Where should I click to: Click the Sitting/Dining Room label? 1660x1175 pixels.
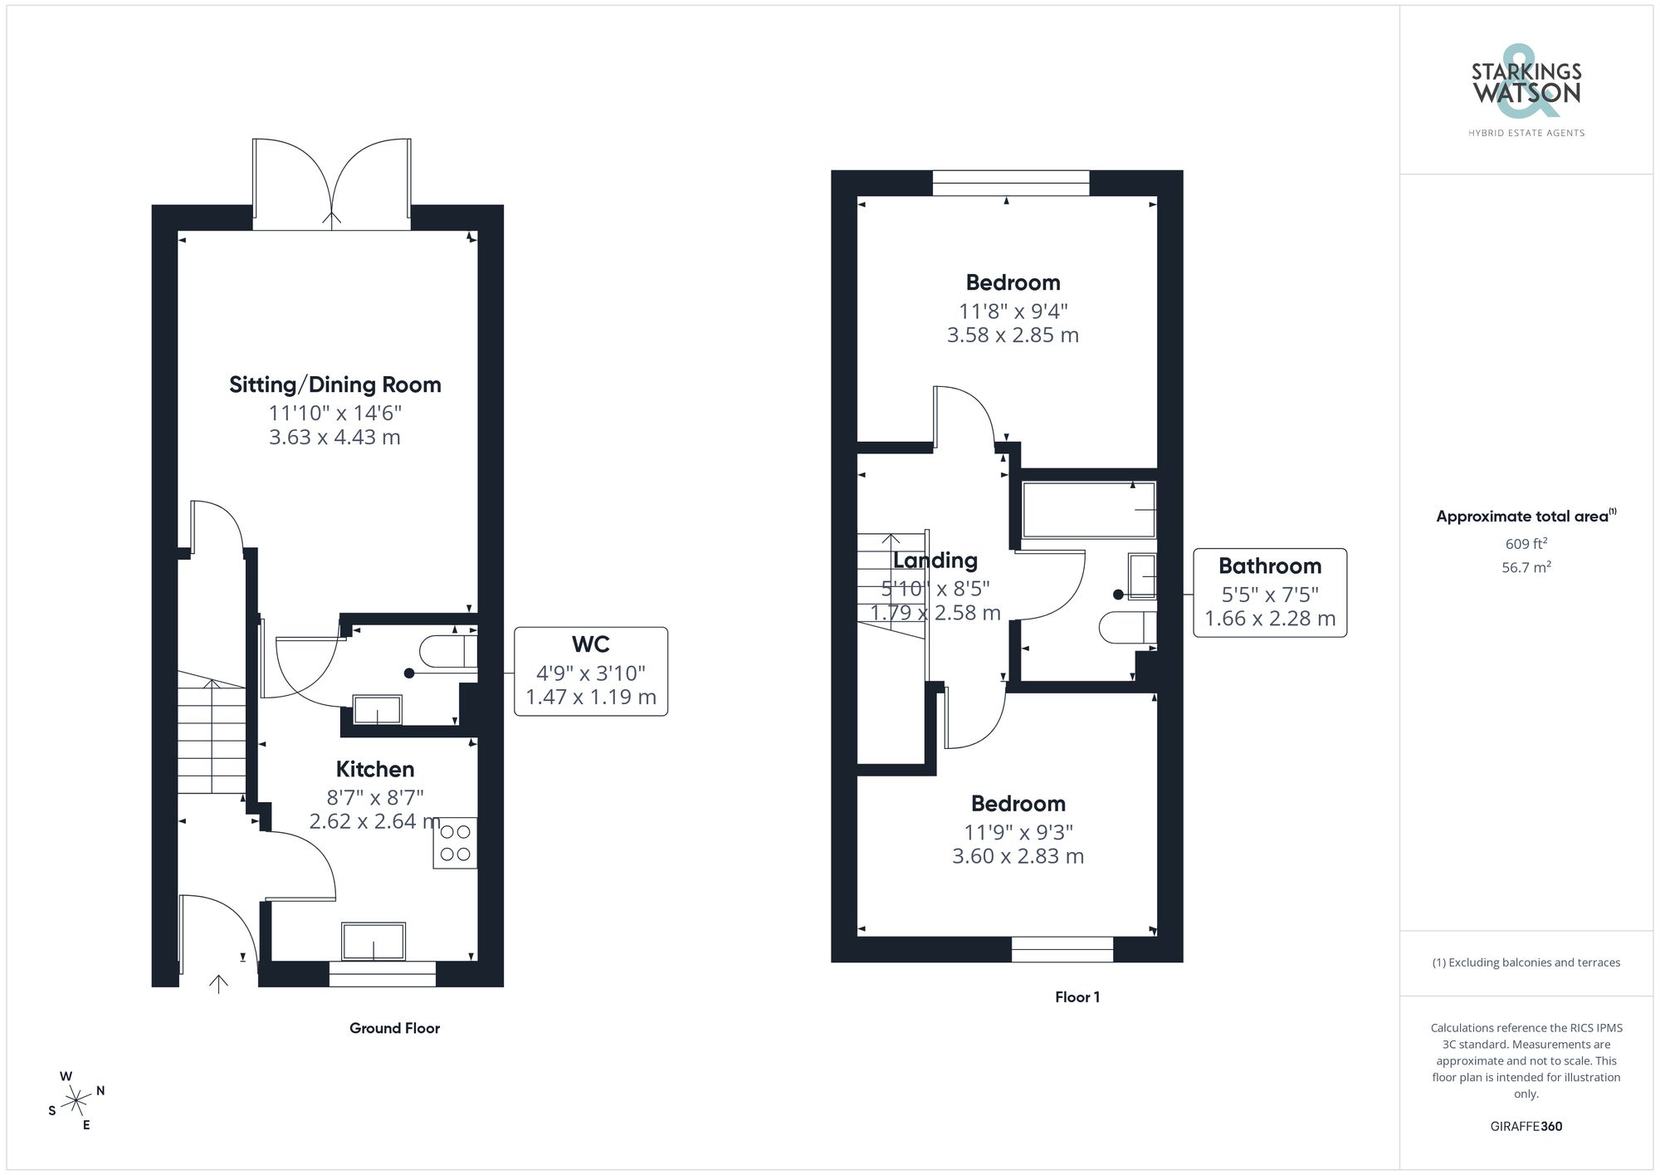click(334, 385)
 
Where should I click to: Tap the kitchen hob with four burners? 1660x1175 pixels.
click(455, 843)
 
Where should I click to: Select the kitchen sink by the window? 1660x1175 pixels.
click(373, 942)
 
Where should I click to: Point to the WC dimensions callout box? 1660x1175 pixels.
click(590, 671)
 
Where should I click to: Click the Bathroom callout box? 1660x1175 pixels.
click(1269, 593)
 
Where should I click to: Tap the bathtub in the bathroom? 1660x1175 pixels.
click(1088, 510)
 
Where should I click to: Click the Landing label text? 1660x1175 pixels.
click(935, 561)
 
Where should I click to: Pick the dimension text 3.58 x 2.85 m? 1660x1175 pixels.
click(1013, 335)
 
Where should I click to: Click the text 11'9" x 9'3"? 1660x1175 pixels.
click(1018, 832)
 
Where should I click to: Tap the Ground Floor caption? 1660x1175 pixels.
click(394, 1028)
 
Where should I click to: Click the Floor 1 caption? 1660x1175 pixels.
click(1077, 997)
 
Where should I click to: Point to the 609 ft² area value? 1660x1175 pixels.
click(1526, 544)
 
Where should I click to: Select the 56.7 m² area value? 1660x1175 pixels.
click(1526, 567)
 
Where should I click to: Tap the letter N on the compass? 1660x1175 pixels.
click(100, 1090)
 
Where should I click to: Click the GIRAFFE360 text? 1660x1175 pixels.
click(1526, 1127)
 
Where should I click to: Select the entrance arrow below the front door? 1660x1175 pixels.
click(218, 984)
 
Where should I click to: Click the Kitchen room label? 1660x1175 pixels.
click(374, 770)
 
